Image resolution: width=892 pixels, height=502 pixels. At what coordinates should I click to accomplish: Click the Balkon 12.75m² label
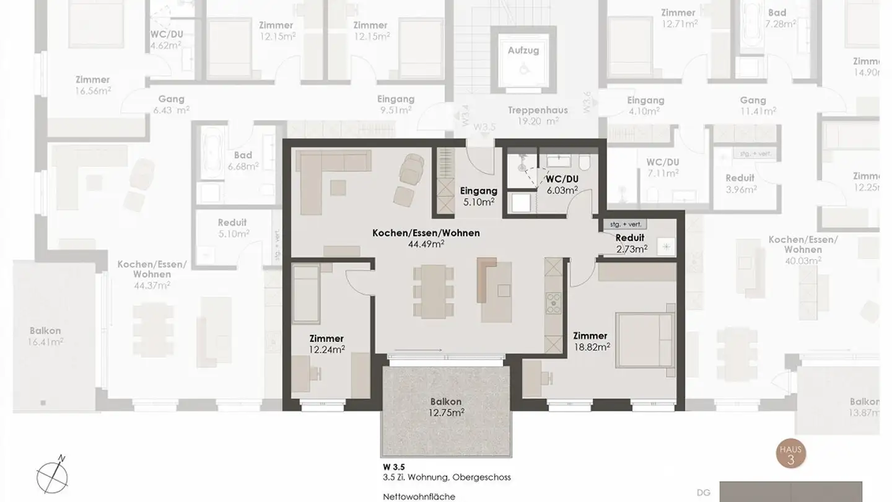447,407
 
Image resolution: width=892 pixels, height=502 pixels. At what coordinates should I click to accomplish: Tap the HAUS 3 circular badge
790,455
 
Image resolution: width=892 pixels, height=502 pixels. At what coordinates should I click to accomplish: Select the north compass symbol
52,474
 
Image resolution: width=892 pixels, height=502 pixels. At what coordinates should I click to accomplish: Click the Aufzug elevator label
523,50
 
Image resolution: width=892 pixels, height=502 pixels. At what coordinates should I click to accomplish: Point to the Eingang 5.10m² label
479,196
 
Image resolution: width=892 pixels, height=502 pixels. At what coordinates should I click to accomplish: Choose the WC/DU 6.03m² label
562,184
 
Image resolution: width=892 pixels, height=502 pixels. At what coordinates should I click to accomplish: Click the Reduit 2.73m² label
631,243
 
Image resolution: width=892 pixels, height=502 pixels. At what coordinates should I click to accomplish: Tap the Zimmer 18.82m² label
591,341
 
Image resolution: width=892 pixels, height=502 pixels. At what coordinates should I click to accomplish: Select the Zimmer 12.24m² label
326,344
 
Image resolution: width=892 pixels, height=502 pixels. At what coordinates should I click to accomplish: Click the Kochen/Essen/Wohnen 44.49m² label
426,239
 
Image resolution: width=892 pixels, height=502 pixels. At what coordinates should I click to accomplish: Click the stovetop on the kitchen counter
552,304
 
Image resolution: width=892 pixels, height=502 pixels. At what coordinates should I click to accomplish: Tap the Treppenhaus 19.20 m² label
538,115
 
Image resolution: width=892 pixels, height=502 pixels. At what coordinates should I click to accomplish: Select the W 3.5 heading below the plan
394,467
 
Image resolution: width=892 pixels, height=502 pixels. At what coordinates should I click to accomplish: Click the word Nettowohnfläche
419,496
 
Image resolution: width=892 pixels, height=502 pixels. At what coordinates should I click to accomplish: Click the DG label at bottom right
703,493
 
